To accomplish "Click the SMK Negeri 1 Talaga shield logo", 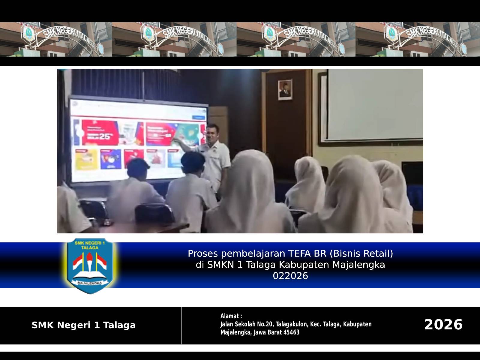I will [x=90, y=265].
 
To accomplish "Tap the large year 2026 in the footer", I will [x=443, y=325].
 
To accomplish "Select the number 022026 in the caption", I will [x=290, y=276].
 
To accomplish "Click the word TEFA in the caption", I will [x=300, y=254].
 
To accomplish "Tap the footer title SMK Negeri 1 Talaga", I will [x=84, y=325].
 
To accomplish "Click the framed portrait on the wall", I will [x=285, y=89].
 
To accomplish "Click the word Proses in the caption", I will [x=203, y=254].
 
